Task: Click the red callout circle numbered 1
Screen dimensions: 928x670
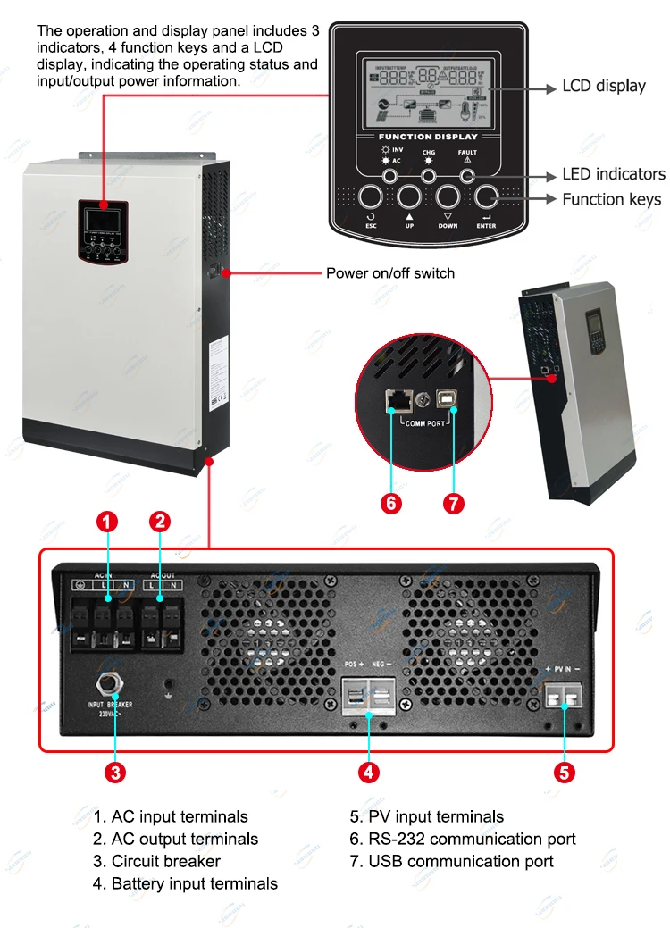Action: click(107, 522)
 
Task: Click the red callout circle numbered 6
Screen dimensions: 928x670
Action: click(391, 503)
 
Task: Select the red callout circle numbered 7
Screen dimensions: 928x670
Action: click(453, 503)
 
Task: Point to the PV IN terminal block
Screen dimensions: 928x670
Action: click(564, 695)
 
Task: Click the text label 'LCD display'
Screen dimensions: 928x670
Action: click(603, 87)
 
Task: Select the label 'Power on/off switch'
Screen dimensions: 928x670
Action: click(389, 272)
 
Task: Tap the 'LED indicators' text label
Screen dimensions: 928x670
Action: click(613, 174)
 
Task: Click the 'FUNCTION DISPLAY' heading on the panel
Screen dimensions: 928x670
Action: click(429, 137)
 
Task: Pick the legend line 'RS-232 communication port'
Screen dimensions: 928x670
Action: click(463, 839)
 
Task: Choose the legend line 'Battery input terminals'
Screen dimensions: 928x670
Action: click(185, 883)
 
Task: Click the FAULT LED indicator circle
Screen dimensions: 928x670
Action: click(467, 175)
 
